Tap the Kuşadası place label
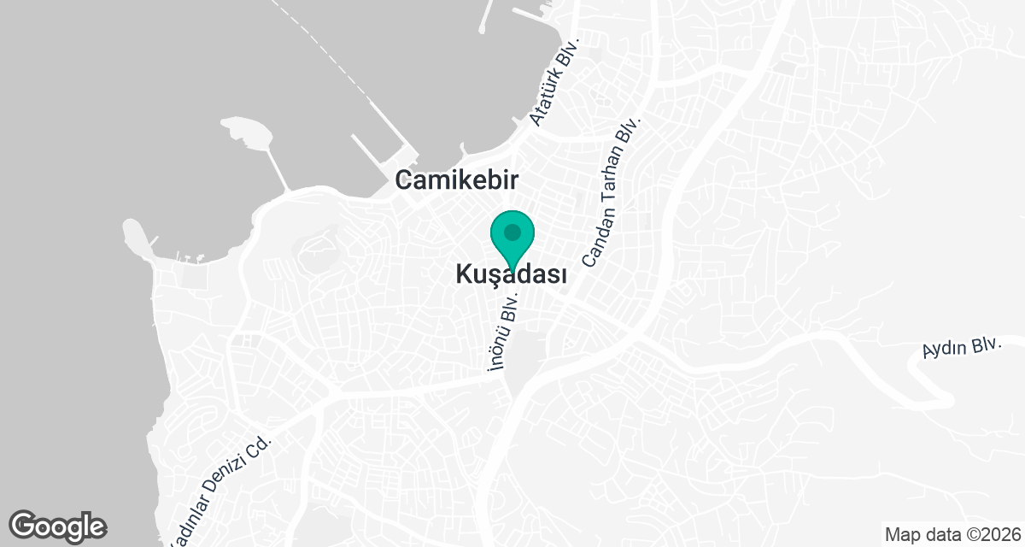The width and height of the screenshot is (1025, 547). pos(512,275)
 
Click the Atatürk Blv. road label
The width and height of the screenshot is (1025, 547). pos(555,81)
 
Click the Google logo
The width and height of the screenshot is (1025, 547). pos(57,525)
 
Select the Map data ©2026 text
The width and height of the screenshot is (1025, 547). pos(952,535)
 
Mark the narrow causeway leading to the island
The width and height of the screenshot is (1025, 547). pos(275,167)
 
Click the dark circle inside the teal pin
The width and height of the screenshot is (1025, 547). pos(512,232)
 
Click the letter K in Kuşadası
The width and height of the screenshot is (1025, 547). pos(464,275)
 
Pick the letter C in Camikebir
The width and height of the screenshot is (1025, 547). pos(401,180)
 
